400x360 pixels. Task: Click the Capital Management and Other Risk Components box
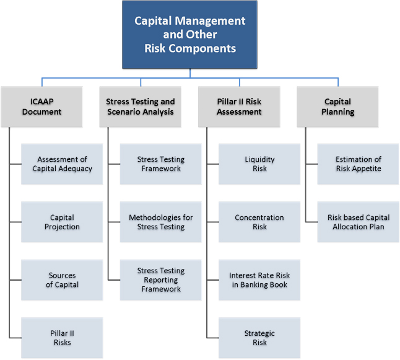click(x=190, y=34)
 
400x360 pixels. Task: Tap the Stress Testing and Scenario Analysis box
click(x=141, y=107)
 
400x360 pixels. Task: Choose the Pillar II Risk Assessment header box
click(x=239, y=107)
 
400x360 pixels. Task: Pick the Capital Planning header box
click(x=337, y=107)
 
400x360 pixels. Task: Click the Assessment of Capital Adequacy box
click(x=62, y=164)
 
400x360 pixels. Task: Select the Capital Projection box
click(x=62, y=222)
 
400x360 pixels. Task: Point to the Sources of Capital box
click(x=62, y=280)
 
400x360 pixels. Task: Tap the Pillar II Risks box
click(x=62, y=338)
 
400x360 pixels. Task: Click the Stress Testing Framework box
click(x=160, y=164)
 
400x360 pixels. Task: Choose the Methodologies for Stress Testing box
click(x=160, y=222)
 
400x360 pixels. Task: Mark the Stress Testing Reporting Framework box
click(x=160, y=280)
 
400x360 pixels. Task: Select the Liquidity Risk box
click(x=259, y=164)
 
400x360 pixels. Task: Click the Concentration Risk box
click(x=259, y=222)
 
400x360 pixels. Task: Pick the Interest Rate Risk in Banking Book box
click(x=259, y=280)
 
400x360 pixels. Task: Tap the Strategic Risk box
click(x=259, y=338)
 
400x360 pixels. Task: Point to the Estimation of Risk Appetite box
click(x=358, y=164)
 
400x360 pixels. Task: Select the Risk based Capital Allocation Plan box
click(x=358, y=222)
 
